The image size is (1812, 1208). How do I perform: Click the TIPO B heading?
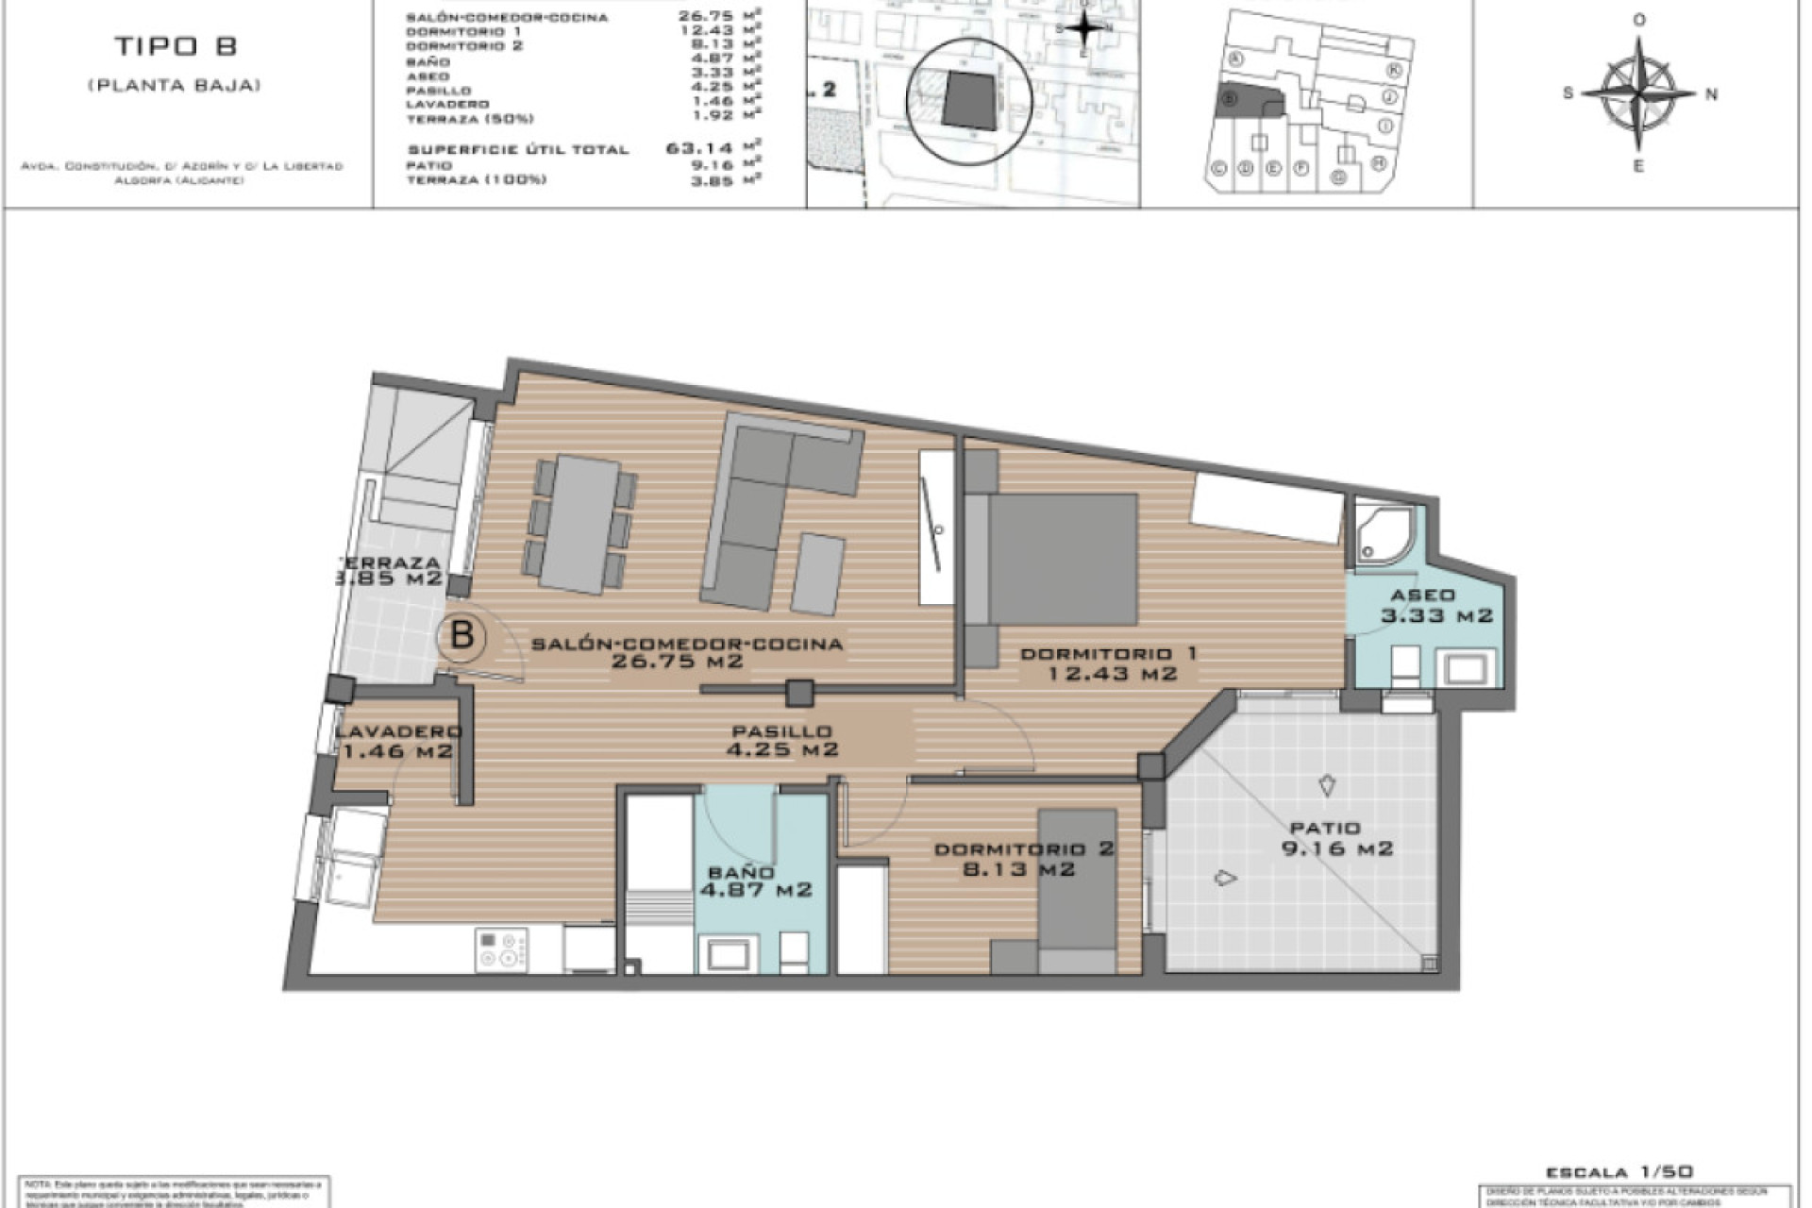coord(176,46)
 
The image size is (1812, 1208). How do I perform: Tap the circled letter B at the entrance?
coord(461,635)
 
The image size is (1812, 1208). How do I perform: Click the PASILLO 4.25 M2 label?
coord(781,740)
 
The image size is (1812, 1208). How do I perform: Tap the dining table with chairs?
coord(582,524)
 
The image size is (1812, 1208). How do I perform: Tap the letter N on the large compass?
coord(1711,93)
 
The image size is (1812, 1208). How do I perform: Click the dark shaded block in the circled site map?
coord(969,99)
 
